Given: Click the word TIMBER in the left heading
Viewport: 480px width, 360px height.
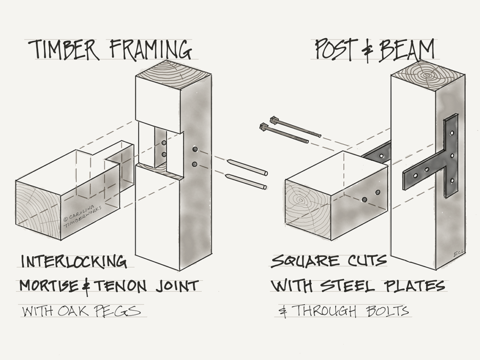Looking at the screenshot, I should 64,50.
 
